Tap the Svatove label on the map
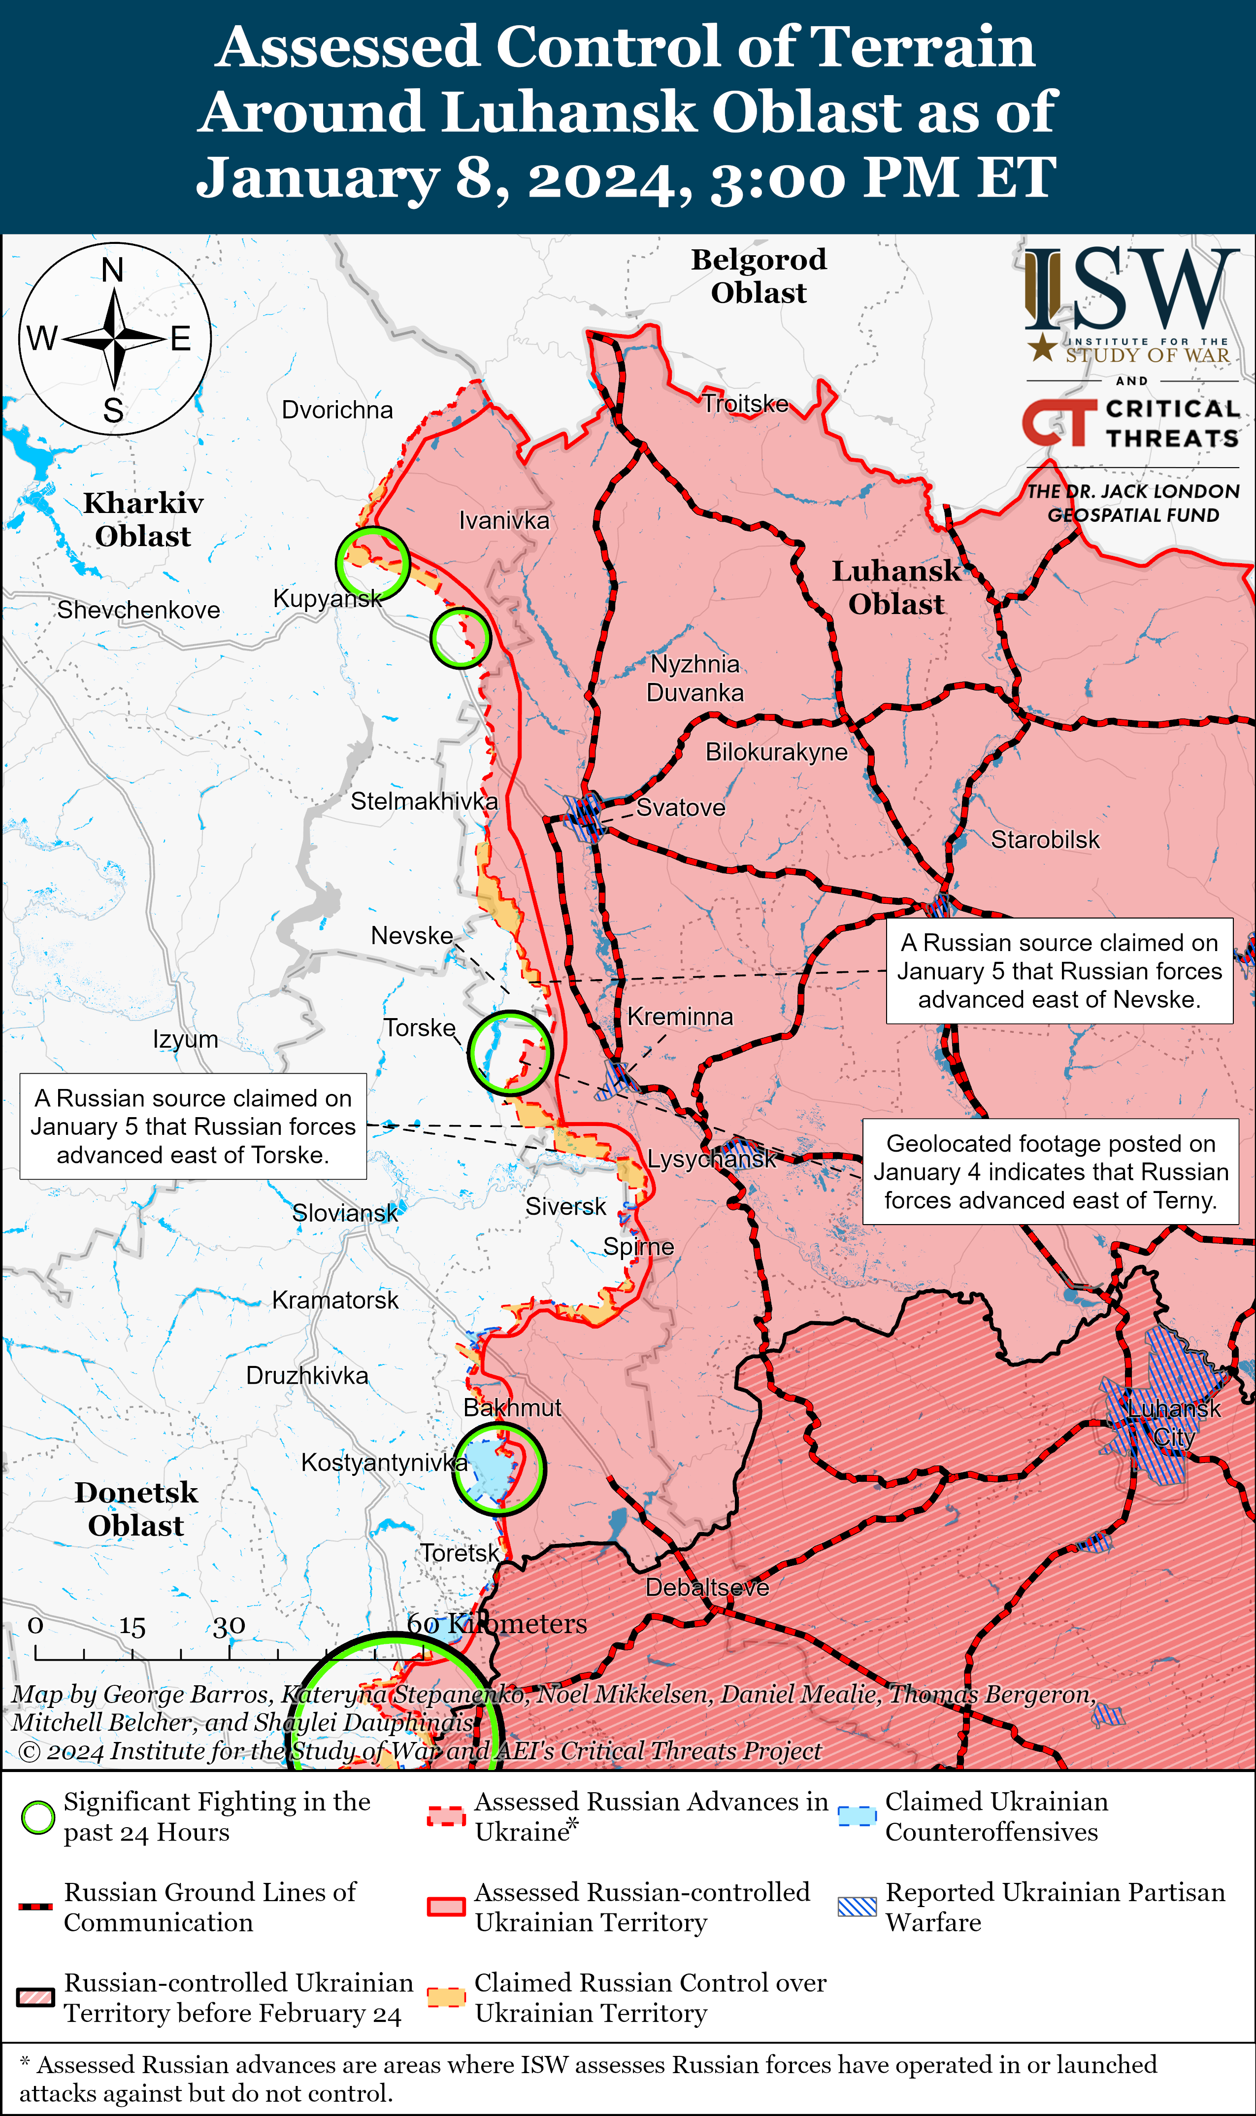[681, 808]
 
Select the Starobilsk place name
[1045, 840]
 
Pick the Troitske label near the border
[745, 404]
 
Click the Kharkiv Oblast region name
[143, 519]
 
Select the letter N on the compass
[113, 270]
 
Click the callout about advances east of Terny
[1050, 1172]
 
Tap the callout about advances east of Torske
[193, 1126]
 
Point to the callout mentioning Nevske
[1059, 971]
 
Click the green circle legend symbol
[37, 1818]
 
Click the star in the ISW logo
[1042, 347]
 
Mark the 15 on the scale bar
[132, 1627]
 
